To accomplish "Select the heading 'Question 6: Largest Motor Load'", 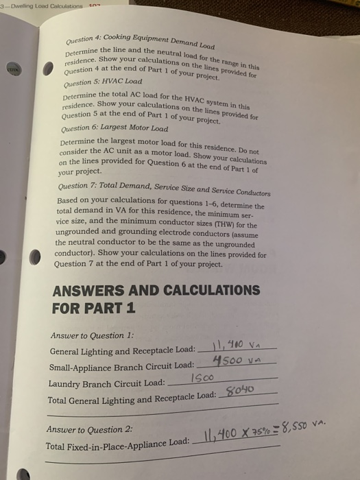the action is coord(114,128).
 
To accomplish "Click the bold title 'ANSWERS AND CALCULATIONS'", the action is coord(156,290).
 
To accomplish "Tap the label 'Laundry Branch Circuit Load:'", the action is coord(107,383).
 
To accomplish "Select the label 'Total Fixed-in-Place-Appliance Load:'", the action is coord(117,446).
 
